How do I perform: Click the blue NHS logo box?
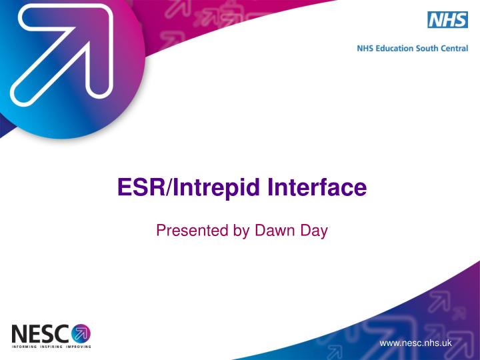(447, 20)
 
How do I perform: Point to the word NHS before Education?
(366, 48)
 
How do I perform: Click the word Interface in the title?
(317, 187)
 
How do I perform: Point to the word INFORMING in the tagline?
(25, 347)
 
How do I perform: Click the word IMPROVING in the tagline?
(79, 347)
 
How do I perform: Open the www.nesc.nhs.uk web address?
(415, 343)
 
